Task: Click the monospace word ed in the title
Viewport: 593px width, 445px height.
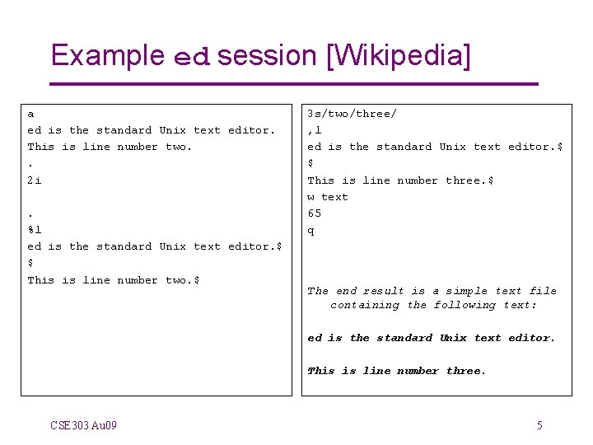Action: click(x=193, y=57)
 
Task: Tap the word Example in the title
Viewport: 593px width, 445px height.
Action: click(x=107, y=55)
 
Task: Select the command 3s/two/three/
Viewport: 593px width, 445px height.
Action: click(x=352, y=114)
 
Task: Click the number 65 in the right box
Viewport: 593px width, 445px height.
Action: click(x=315, y=213)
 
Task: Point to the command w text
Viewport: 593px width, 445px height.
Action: click(x=328, y=197)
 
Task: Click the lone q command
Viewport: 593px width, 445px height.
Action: click(x=311, y=231)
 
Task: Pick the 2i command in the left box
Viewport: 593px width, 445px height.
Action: click(x=34, y=180)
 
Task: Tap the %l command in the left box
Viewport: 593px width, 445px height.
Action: click(x=34, y=230)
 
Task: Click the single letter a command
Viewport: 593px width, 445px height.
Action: click(x=30, y=114)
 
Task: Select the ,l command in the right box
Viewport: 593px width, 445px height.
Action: click(x=314, y=130)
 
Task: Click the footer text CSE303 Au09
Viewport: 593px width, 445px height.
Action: click(x=83, y=425)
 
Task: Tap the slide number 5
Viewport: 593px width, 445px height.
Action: click(x=539, y=425)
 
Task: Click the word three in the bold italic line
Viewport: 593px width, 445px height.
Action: click(x=465, y=371)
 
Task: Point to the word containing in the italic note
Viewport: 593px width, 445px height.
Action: click(x=365, y=305)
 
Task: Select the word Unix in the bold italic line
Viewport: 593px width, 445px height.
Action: click(x=453, y=338)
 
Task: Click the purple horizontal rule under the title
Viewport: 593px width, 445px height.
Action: click(x=293, y=84)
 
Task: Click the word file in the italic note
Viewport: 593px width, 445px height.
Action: click(x=543, y=291)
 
